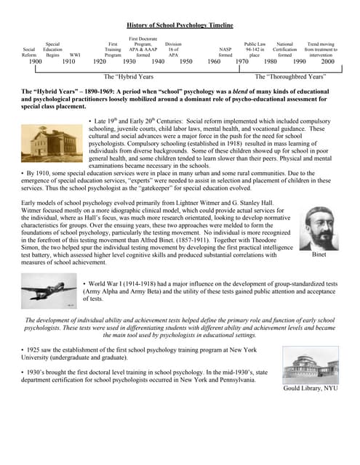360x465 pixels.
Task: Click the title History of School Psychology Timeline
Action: [180, 25]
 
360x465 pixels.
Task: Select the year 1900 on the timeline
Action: [35, 62]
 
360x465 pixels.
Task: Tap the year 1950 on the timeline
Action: [185, 62]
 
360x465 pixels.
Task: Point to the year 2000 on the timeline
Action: [327, 62]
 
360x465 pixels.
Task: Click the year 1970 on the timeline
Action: [242, 62]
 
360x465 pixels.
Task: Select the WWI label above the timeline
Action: [75, 54]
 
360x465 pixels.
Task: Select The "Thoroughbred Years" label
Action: [289, 76]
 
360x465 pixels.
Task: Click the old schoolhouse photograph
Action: [52, 142]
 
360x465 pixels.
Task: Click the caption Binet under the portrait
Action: [319, 255]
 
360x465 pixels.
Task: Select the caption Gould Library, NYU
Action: [311, 389]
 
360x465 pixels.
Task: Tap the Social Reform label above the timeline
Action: [29, 52]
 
